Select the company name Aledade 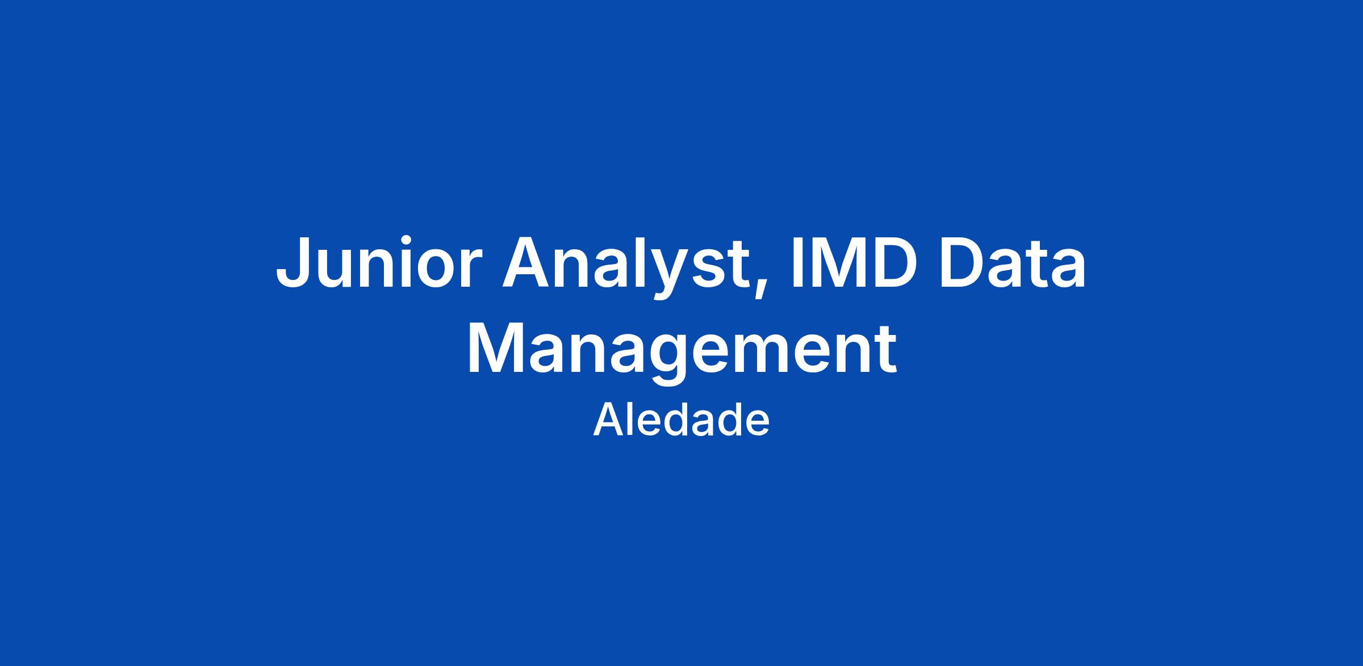(x=681, y=421)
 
